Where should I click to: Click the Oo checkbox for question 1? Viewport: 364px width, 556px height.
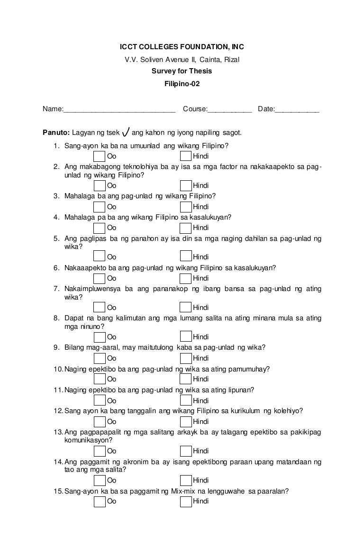tap(100, 156)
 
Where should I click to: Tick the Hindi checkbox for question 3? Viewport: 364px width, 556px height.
tap(186, 206)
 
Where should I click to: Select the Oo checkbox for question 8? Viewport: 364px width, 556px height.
tap(100, 336)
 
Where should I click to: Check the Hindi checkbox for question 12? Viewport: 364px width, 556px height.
tap(186, 421)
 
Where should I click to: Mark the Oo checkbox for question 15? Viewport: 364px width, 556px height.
tap(100, 501)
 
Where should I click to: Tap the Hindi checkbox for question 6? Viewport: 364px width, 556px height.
tap(186, 278)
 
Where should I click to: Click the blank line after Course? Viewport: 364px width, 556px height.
tap(229, 110)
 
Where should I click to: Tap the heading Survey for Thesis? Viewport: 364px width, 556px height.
tap(182, 71)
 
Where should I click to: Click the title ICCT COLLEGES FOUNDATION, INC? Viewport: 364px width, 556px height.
tap(182, 47)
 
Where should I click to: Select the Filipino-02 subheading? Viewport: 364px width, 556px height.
tap(182, 84)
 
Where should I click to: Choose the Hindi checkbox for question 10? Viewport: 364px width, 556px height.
tap(186, 379)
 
